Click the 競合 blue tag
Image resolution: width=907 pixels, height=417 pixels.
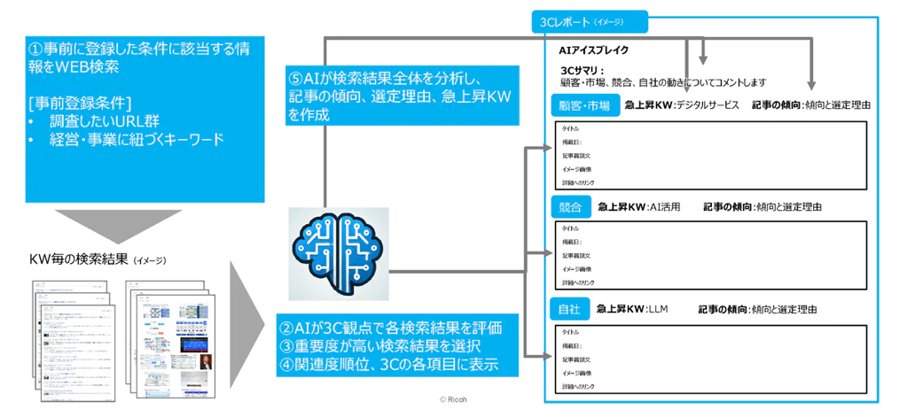570,207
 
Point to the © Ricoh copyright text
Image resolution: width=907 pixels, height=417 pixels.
455,399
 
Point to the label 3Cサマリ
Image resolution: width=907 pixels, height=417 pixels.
582,70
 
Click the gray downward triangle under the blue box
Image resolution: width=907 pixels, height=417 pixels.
106,224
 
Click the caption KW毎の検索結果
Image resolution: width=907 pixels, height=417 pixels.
79,260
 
